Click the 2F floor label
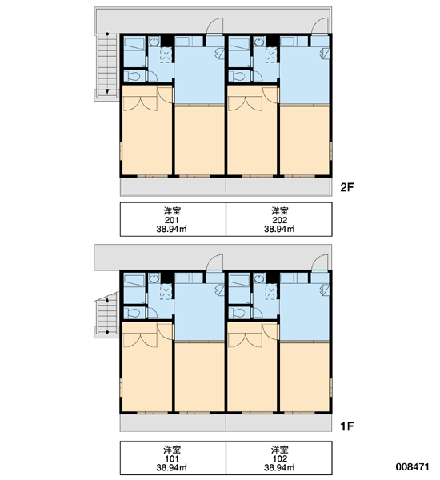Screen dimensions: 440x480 [x=347, y=187]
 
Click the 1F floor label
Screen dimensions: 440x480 [x=347, y=426]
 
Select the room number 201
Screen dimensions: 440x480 [x=172, y=220]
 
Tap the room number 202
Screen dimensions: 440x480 [x=279, y=220]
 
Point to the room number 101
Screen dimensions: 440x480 [x=172, y=458]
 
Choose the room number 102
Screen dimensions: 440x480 [x=279, y=458]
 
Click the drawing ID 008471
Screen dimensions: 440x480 [x=413, y=467]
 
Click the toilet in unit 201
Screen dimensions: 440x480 [x=133, y=76]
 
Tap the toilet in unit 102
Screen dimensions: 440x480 [x=238, y=313]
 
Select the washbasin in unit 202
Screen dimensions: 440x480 [x=259, y=42]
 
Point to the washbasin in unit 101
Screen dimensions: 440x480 [x=154, y=278]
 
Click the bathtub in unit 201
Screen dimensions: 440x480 [x=134, y=44]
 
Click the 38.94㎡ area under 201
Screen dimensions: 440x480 [x=172, y=229]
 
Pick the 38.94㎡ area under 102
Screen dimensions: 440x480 [x=279, y=468]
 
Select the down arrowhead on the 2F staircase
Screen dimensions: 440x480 [x=107, y=91]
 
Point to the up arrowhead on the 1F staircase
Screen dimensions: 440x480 [x=107, y=300]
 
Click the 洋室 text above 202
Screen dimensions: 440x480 [x=279, y=211]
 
